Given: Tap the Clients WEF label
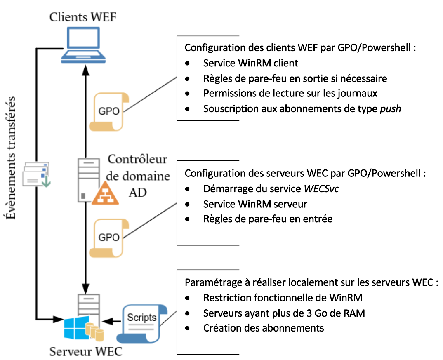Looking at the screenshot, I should (x=83, y=17).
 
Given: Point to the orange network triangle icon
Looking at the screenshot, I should (x=106, y=194).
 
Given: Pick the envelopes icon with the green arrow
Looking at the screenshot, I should (x=36, y=174).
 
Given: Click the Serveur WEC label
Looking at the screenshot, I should (x=86, y=352).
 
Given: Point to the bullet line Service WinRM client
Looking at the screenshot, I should (x=250, y=63).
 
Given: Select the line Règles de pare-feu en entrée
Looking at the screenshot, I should (x=268, y=219).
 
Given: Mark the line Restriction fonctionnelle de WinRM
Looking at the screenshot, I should (x=283, y=297).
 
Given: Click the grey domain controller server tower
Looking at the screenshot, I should (x=87, y=180).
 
